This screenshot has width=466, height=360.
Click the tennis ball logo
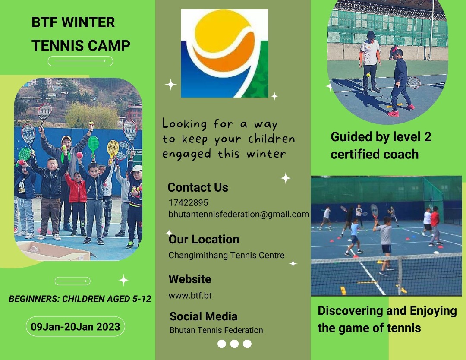[x=224, y=53]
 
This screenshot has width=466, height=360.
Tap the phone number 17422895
[x=188, y=203]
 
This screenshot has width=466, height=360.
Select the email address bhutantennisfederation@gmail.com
[x=239, y=215]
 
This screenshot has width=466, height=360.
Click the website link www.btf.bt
[x=190, y=296]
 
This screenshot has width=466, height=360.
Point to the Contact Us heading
[x=198, y=187]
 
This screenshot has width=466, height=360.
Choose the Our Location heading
[x=204, y=239]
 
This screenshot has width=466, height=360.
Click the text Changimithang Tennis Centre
[x=227, y=256]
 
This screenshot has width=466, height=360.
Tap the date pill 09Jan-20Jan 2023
[x=76, y=326]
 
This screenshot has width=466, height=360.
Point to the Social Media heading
[x=204, y=316]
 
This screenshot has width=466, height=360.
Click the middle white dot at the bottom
[x=234, y=344]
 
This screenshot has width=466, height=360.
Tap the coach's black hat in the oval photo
[x=371, y=35]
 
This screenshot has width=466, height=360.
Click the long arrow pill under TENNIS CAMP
[x=80, y=61]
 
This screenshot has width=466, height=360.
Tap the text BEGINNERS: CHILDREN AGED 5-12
[x=80, y=299]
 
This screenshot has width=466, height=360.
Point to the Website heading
[x=190, y=279]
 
